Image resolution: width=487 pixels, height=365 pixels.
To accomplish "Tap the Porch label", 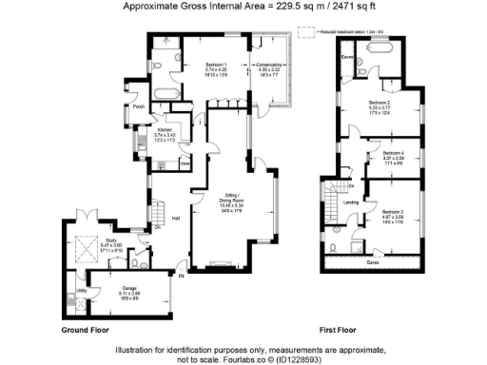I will pyautogui.click(x=140, y=106).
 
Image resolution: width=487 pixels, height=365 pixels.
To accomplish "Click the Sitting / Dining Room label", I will pyautogui.click(x=228, y=191).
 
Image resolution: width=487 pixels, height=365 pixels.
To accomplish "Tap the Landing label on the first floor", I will pyautogui.click(x=351, y=202).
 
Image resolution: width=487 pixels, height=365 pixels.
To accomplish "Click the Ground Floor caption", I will pyautogui.click(x=84, y=329).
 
